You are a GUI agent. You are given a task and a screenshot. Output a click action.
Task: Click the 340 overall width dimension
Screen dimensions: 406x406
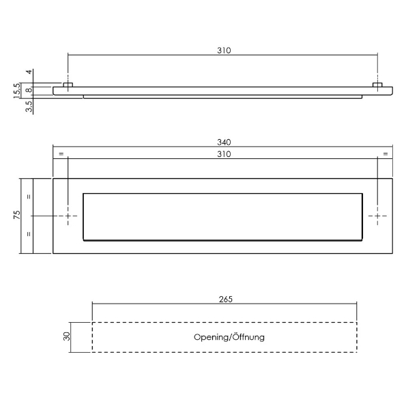224,142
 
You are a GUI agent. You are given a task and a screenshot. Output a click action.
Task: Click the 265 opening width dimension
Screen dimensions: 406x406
226,299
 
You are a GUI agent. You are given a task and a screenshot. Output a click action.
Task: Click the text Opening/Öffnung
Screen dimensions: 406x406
229,337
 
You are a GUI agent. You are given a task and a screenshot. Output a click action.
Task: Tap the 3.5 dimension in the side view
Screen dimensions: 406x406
29,106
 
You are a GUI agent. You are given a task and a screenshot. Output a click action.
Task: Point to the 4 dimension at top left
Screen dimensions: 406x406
29,72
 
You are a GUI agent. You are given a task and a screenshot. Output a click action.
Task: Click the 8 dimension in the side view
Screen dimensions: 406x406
29,90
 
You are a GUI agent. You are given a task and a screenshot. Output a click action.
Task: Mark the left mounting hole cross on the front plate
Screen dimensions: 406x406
68,216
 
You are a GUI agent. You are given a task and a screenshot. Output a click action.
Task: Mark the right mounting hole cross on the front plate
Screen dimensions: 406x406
378,216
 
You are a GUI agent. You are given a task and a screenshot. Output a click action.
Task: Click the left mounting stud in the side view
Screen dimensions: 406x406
68,85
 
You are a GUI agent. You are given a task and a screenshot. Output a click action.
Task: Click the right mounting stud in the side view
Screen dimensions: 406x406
377,85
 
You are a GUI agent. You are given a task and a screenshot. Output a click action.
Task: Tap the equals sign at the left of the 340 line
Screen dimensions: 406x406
61,154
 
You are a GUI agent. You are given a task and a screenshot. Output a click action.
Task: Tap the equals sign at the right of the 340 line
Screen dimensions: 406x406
386,154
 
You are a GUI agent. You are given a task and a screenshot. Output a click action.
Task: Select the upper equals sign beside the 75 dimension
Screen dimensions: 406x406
29,197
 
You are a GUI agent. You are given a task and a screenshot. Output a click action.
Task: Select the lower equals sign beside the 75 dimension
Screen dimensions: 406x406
29,234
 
